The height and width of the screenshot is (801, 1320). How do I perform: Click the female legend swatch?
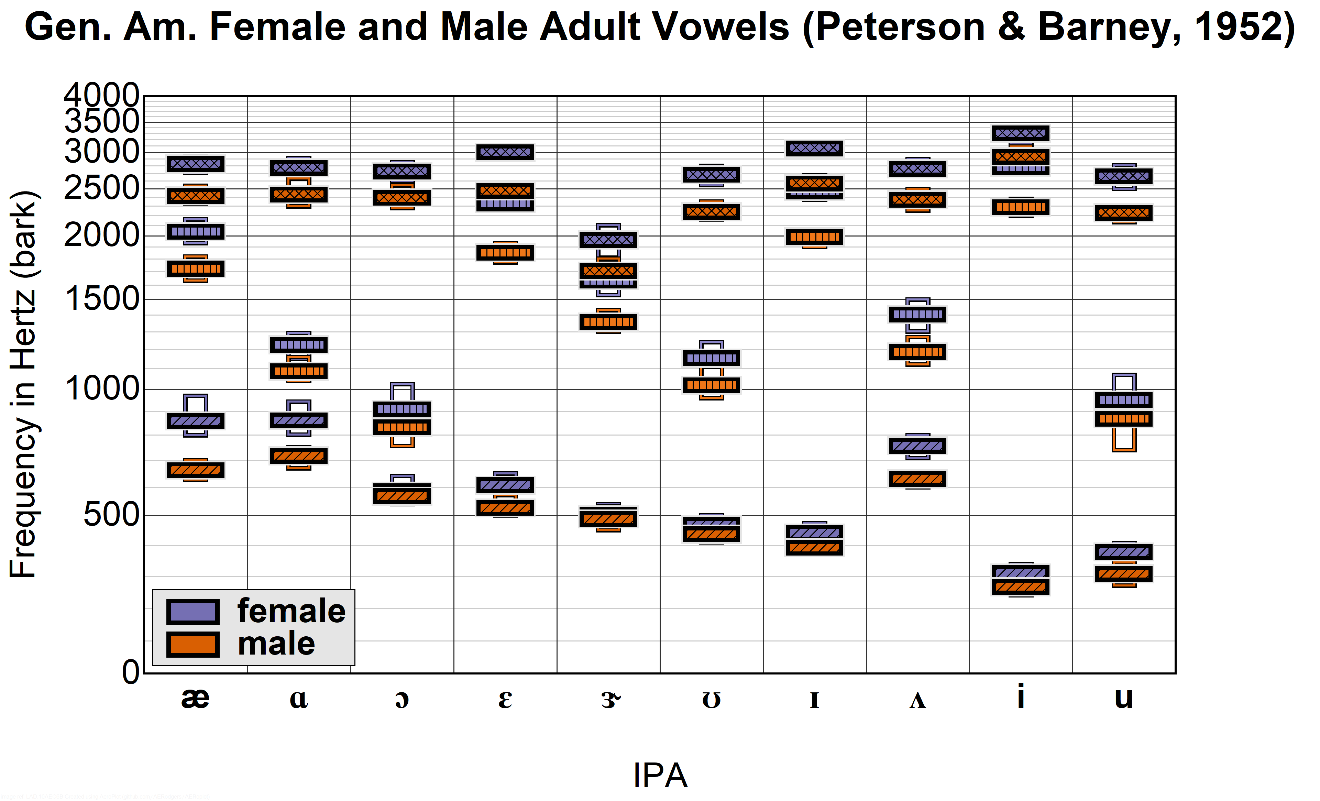point(193,611)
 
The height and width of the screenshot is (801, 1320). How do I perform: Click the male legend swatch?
point(193,644)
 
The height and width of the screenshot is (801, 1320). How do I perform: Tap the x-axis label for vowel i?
point(1021,696)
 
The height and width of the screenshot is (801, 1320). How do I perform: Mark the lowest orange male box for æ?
point(196,470)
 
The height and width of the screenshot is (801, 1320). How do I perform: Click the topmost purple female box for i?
point(1021,133)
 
